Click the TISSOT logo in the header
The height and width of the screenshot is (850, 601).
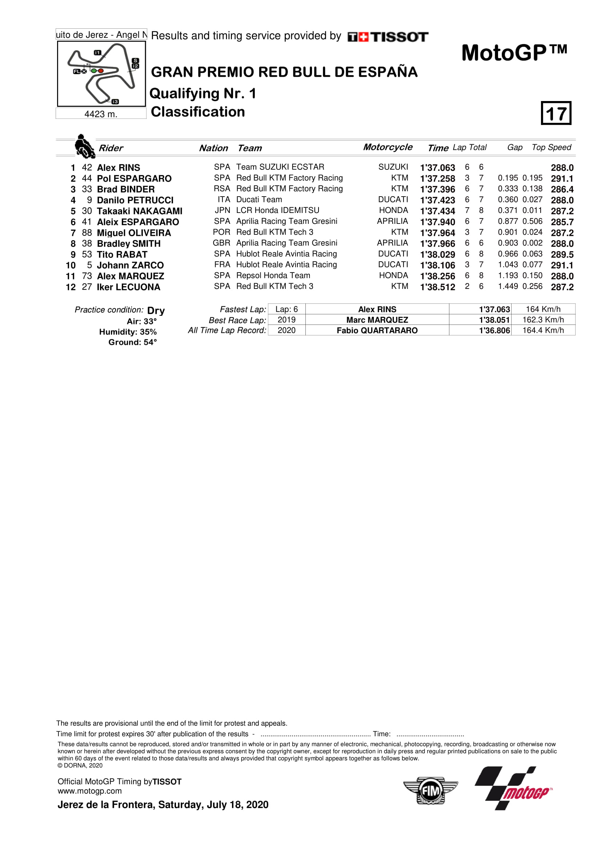(x=388, y=37)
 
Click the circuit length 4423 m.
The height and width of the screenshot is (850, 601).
(x=101, y=114)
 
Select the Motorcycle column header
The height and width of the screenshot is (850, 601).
(x=387, y=147)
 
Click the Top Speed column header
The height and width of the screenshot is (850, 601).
(x=551, y=147)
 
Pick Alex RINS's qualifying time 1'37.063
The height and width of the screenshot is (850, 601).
(x=437, y=168)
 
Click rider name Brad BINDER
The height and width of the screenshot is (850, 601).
(x=125, y=189)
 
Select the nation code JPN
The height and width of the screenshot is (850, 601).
(x=222, y=210)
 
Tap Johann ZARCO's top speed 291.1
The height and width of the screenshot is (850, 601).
(x=562, y=265)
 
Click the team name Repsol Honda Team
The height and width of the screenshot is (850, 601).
(x=273, y=275)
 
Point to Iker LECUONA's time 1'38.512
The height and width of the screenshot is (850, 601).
(x=437, y=287)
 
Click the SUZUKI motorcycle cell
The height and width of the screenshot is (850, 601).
(x=393, y=167)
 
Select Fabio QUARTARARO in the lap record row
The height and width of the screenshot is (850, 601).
(x=377, y=330)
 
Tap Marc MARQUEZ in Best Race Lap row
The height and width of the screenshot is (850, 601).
(x=377, y=320)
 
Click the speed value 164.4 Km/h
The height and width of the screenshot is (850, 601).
(x=543, y=330)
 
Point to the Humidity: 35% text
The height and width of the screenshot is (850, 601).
(x=128, y=332)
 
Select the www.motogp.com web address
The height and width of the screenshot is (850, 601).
(x=89, y=791)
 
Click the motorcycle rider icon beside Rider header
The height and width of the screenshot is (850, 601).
(x=84, y=146)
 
